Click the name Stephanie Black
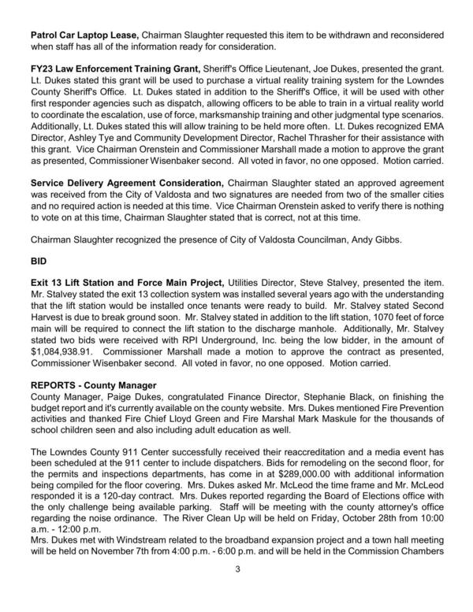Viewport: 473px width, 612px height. tap(368, 398)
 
